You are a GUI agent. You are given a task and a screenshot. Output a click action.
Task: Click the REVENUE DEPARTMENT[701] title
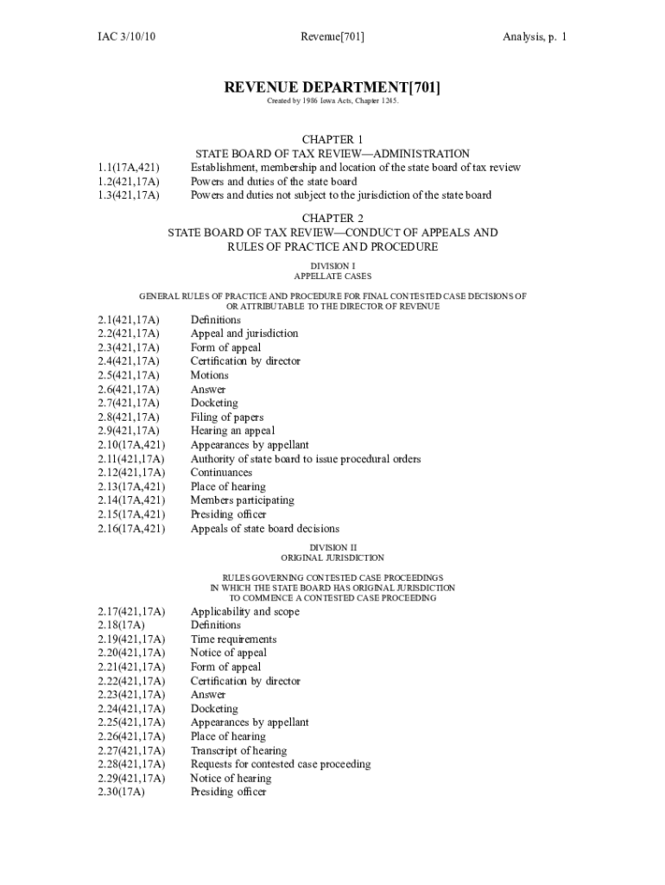coord(332,87)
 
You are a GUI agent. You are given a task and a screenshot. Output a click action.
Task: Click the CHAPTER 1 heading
coord(332,139)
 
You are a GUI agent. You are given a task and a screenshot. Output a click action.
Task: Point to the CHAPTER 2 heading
coord(332,218)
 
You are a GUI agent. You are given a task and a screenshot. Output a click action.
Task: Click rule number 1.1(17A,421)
coord(129,168)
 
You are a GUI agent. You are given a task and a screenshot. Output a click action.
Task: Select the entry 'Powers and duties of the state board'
coord(274,181)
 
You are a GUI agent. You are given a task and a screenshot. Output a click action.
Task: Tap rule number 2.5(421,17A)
coord(129,375)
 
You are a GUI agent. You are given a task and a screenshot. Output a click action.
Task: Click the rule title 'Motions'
coord(210,375)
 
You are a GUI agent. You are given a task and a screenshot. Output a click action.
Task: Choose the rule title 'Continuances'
coord(222,473)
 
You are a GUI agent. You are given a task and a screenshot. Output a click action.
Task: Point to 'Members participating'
coord(243,500)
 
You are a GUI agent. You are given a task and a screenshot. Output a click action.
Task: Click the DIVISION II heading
coord(332,547)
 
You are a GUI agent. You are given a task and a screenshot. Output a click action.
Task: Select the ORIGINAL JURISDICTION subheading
coord(332,558)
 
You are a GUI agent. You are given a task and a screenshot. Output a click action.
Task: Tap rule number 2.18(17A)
coord(122,625)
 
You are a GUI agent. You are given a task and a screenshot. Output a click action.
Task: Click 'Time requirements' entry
coord(234,639)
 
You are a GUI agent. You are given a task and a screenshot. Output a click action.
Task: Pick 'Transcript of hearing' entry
coord(239,750)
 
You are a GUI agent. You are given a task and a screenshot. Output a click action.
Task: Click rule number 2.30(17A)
coord(122,792)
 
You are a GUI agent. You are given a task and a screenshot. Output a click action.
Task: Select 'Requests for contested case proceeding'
coord(281,764)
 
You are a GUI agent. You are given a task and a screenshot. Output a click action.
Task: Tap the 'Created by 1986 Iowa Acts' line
coord(332,102)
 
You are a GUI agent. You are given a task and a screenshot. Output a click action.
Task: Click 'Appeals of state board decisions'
coord(265,528)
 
